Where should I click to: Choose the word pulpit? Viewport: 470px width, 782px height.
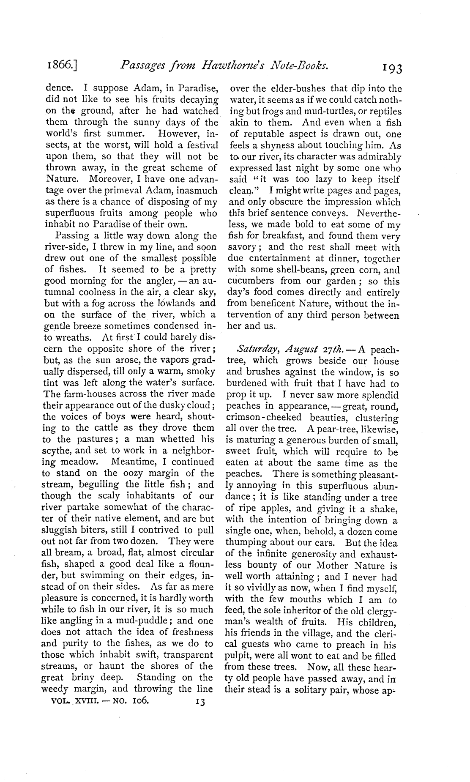point(239,656)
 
